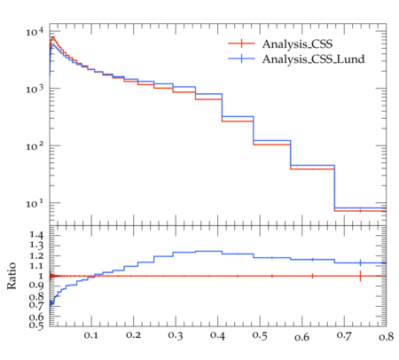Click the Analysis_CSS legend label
point(297,44)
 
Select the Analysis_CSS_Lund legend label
point(313,59)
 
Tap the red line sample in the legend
point(241,43)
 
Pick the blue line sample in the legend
point(241,59)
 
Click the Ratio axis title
point(12,276)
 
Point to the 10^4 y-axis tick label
point(35,31)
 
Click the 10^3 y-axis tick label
point(35,89)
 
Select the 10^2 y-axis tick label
point(35,145)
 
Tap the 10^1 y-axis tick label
point(35,203)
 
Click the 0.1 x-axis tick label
point(91,335)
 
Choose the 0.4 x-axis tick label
point(217,335)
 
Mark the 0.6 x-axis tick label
point(302,337)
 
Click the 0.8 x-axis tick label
point(386,336)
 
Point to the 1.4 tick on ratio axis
point(36,235)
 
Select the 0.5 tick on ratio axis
point(36,325)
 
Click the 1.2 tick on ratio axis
point(36,255)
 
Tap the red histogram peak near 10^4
point(52,37)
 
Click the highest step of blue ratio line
point(208,251)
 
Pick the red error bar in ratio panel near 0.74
point(360,276)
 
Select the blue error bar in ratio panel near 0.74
point(360,262)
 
